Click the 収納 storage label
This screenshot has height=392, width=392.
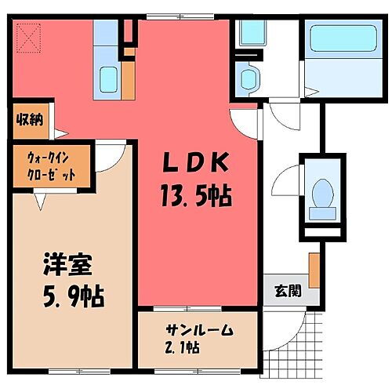point(31,121)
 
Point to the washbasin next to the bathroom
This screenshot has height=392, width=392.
point(249,78)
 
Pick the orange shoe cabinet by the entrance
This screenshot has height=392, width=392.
point(314,270)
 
